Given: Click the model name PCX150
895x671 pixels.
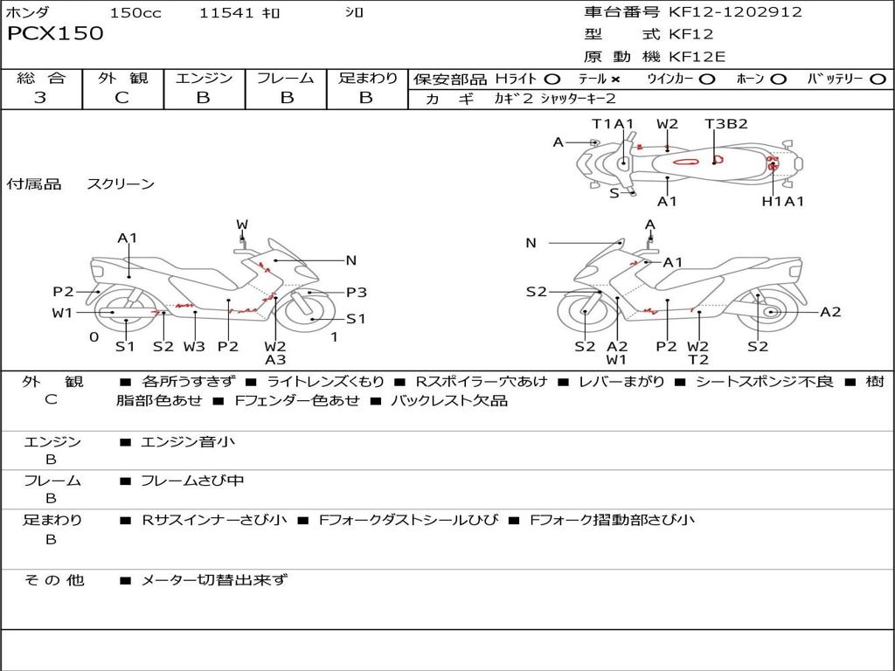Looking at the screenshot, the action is pyautogui.click(x=55, y=34).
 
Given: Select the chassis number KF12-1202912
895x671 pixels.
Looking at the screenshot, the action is pyautogui.click(x=735, y=12).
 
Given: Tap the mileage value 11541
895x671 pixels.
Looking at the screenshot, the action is pyautogui.click(x=226, y=13).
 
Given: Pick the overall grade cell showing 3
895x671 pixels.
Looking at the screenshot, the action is pyautogui.click(x=40, y=98).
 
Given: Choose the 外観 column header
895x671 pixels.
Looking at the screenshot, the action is pyautogui.click(x=122, y=79).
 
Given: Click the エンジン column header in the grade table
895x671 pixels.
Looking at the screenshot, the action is pyautogui.click(x=204, y=79).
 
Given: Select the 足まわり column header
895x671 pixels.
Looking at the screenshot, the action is pyautogui.click(x=367, y=79).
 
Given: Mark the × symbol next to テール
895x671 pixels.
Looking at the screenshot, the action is pyautogui.click(x=615, y=79).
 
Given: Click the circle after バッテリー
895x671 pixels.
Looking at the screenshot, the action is pyautogui.click(x=878, y=79).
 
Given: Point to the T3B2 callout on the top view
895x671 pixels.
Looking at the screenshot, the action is pyautogui.click(x=726, y=124).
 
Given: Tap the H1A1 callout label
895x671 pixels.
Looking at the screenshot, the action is pyautogui.click(x=782, y=201).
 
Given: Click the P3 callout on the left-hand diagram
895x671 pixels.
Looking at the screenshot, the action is pyautogui.click(x=356, y=293).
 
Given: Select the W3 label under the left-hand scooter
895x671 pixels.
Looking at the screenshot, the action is pyautogui.click(x=194, y=346).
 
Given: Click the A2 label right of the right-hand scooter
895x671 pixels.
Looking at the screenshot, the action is pyautogui.click(x=829, y=312).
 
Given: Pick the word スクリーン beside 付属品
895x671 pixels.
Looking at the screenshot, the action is pyautogui.click(x=121, y=184).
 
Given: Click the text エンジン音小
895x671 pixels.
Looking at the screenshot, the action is pyautogui.click(x=188, y=442).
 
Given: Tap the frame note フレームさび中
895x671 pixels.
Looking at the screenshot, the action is pyautogui.click(x=192, y=481).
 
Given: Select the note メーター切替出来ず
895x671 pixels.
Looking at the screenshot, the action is pyautogui.click(x=214, y=580).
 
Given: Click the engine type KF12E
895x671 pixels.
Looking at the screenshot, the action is pyautogui.click(x=697, y=58).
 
